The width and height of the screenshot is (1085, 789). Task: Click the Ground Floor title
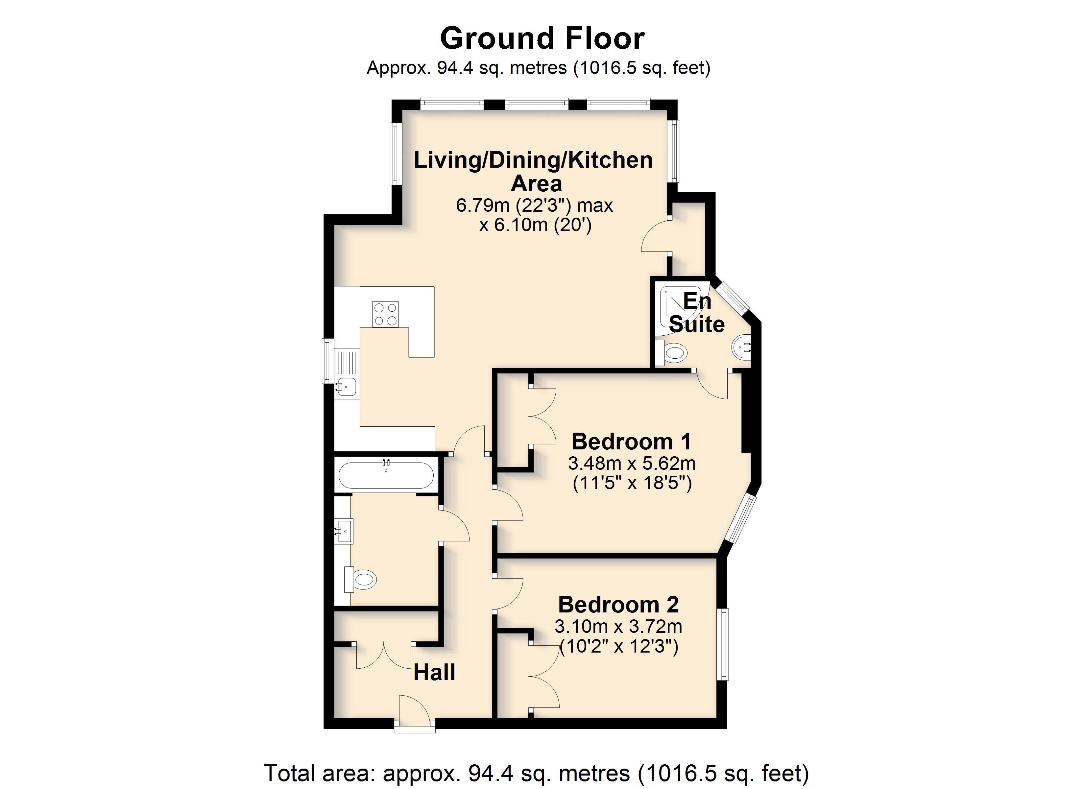click(542, 38)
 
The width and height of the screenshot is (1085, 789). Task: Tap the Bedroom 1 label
click(632, 441)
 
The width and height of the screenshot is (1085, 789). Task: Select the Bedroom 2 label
click(618, 604)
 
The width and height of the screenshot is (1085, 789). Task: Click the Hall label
click(434, 672)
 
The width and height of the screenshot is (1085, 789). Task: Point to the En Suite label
click(697, 313)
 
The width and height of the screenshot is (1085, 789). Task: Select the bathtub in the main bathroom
click(386, 475)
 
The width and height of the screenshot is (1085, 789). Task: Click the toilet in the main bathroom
click(361, 580)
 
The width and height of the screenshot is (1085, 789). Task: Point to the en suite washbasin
click(741, 348)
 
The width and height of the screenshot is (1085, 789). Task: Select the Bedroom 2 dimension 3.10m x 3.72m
click(618, 626)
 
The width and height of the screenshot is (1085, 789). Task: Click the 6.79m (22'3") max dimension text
click(534, 205)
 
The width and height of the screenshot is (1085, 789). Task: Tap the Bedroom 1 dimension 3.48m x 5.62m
click(632, 463)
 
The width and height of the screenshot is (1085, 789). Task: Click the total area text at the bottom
click(536, 773)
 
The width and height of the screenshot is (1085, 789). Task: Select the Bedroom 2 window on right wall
click(723, 644)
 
